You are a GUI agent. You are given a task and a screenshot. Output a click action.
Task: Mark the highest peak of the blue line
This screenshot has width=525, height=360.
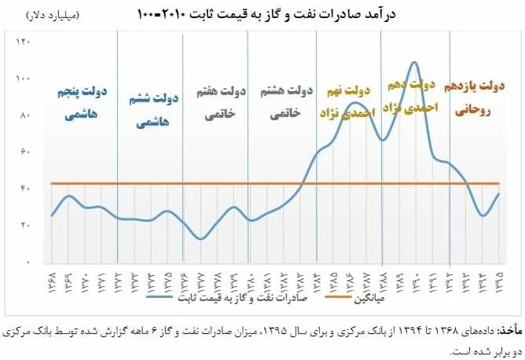point(414,62)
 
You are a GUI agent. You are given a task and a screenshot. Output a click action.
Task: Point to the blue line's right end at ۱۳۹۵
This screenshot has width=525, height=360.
point(499,193)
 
